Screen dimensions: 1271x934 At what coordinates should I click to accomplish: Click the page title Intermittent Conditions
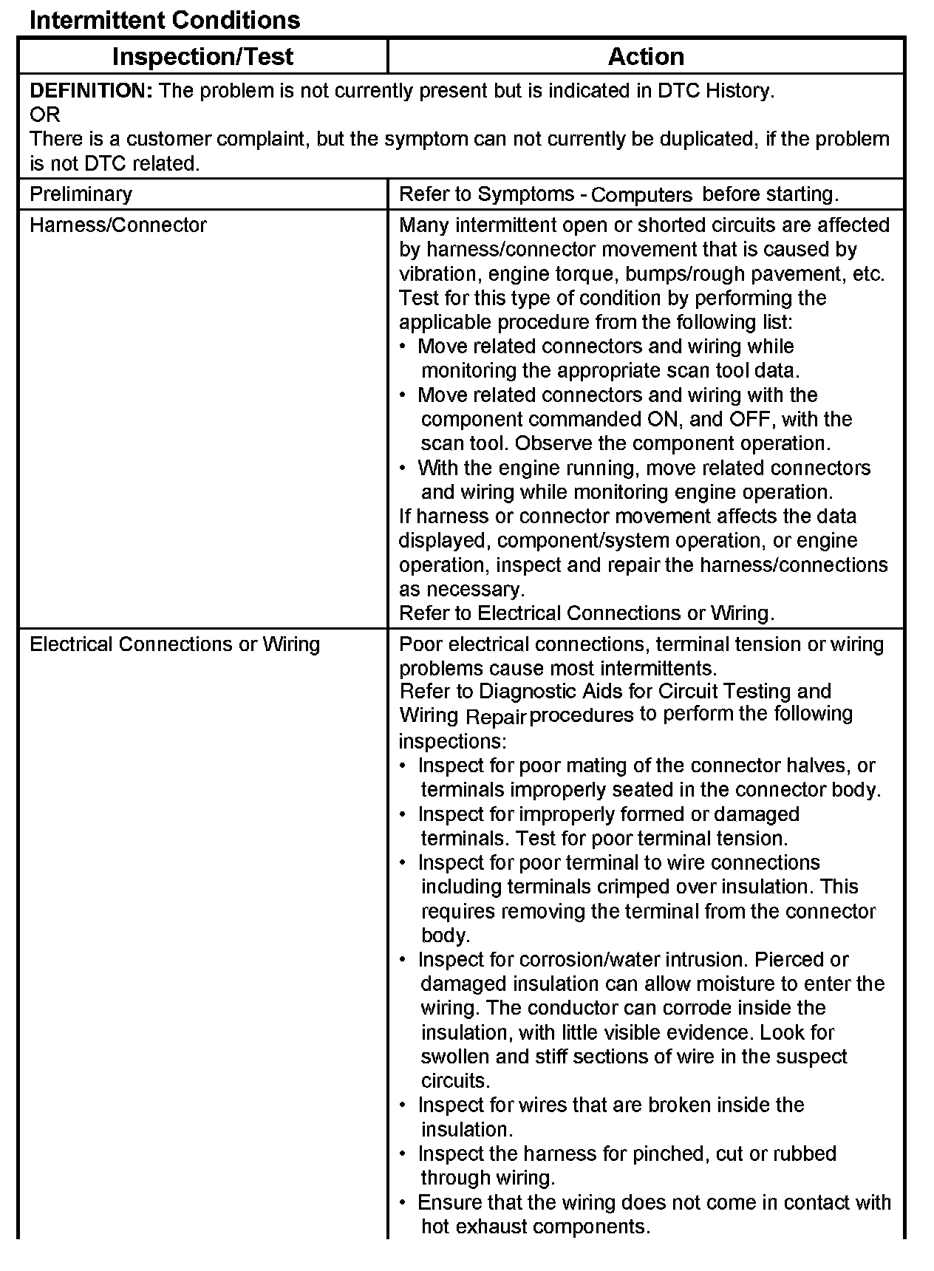click(x=165, y=20)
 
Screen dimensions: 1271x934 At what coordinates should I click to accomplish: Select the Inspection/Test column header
click(x=202, y=57)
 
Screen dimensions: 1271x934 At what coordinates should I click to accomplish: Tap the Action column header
click(x=646, y=57)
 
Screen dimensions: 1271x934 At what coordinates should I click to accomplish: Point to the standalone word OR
click(x=44, y=115)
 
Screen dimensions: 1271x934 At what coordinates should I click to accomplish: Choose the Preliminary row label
click(x=81, y=194)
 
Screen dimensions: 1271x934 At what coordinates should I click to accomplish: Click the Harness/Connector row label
click(x=118, y=225)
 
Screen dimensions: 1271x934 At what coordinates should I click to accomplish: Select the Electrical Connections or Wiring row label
click(x=174, y=644)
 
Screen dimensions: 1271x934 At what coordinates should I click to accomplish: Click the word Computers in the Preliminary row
click(x=641, y=195)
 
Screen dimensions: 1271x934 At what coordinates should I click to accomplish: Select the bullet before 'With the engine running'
click(x=403, y=468)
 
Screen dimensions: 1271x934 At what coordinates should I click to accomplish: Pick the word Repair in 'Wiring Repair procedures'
click(x=495, y=716)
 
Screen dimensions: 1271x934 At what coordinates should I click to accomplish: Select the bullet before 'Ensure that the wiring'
click(x=403, y=1203)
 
